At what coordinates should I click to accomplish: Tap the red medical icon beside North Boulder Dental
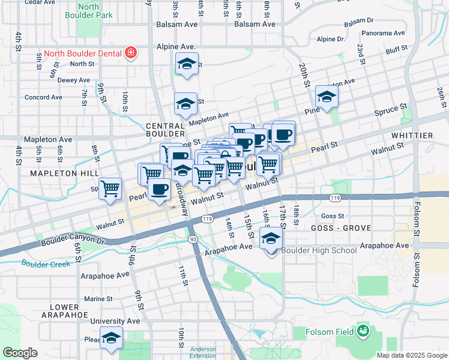pyautogui.click(x=130, y=53)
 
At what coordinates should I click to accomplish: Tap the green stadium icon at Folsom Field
pyautogui.click(x=363, y=330)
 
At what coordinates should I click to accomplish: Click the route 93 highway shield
pyautogui.click(x=194, y=239)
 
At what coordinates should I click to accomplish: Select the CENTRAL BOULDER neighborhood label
pyautogui.click(x=165, y=130)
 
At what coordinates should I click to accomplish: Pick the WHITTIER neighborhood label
pyautogui.click(x=412, y=136)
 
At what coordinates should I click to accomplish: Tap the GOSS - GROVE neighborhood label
pyautogui.click(x=341, y=228)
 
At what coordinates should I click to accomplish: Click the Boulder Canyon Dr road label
pyautogui.click(x=73, y=241)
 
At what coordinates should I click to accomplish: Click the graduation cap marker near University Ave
pyautogui.click(x=111, y=338)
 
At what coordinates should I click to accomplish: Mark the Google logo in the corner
pyautogui.click(x=20, y=353)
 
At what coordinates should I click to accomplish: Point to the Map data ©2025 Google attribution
pyautogui.click(x=411, y=355)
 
